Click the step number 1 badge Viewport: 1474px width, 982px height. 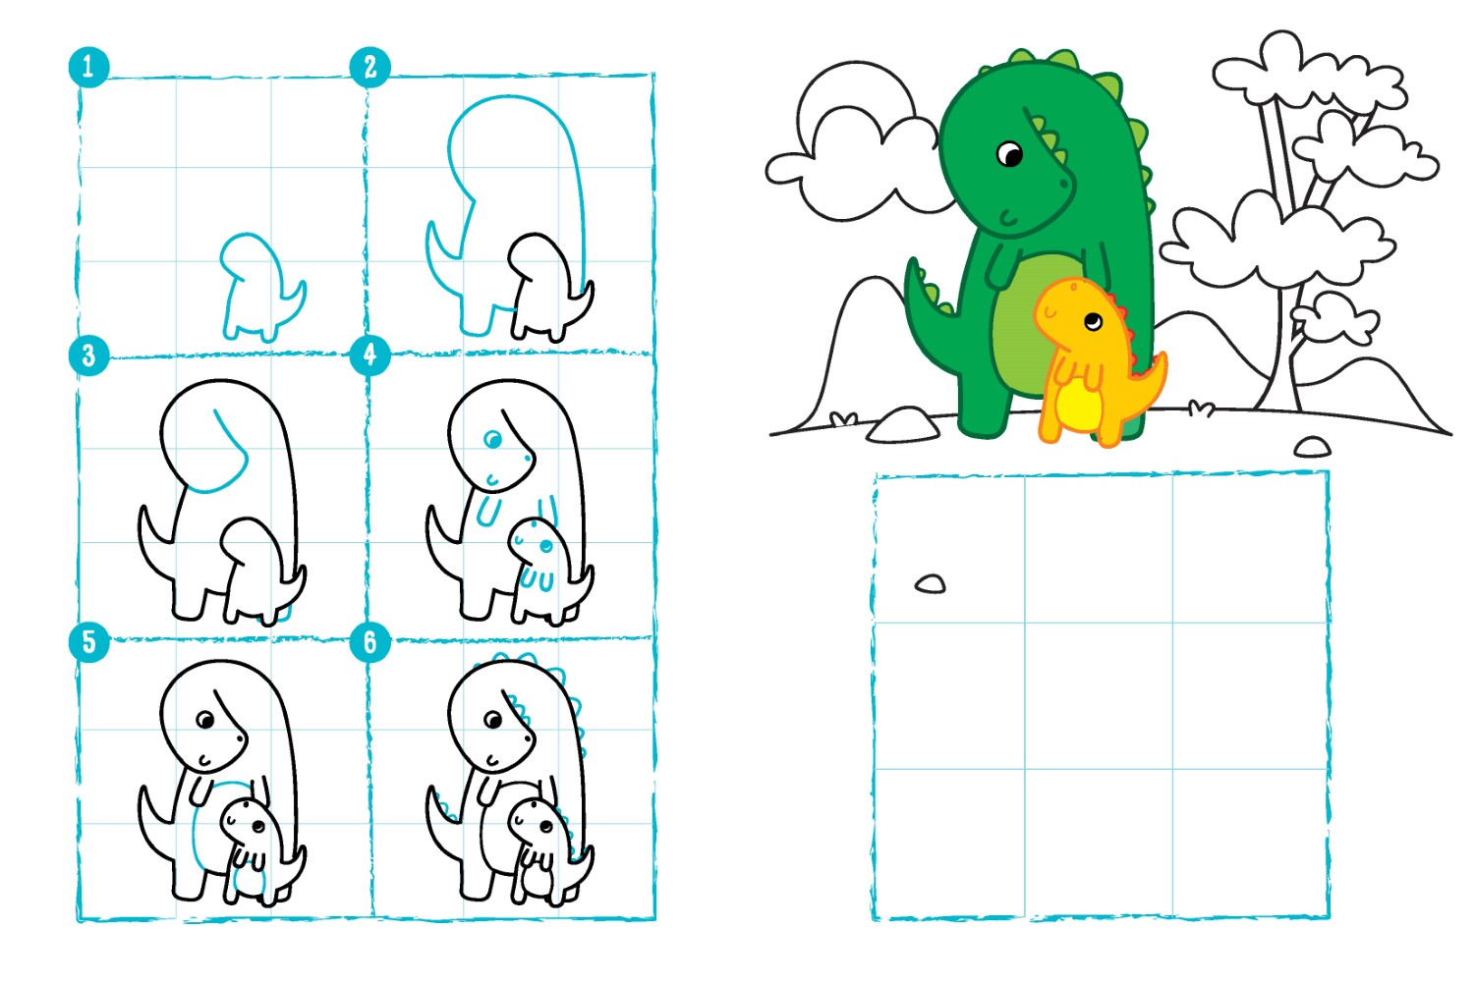pyautogui.click(x=88, y=67)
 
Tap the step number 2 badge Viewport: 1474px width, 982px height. pyautogui.click(x=370, y=67)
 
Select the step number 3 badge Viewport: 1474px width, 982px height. pyautogui.click(x=88, y=355)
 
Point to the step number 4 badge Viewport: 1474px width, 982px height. pyautogui.click(x=370, y=355)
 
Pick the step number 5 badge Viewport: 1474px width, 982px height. pyautogui.click(x=88, y=642)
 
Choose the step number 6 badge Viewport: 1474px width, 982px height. pyautogui.click(x=370, y=642)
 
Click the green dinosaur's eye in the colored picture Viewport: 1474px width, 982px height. pyautogui.click(x=1009, y=154)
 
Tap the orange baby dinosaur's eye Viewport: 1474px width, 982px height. pyautogui.click(x=1093, y=322)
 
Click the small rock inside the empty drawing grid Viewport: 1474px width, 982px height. pyautogui.click(x=931, y=584)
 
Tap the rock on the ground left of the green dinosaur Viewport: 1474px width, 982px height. pyautogui.click(x=903, y=424)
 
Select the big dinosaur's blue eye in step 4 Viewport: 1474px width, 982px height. pyautogui.click(x=492, y=439)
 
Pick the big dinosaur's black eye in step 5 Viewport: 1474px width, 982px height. pyautogui.click(x=206, y=720)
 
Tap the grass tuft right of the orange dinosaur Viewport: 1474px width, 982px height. pyautogui.click(x=1202, y=409)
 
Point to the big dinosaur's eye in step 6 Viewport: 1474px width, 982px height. pyautogui.click(x=493, y=720)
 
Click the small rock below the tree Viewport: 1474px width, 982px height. pyautogui.click(x=1313, y=447)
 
